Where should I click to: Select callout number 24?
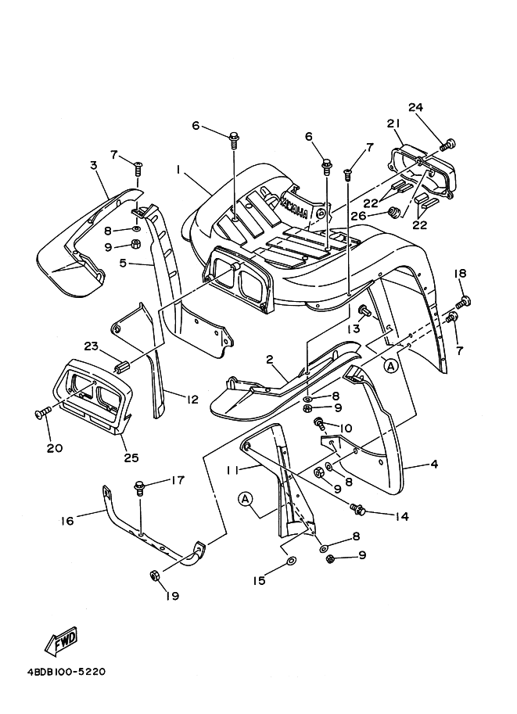pos(415,107)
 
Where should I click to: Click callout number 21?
pos(393,124)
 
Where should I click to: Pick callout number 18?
pos(460,273)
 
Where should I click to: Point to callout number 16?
pos(67,520)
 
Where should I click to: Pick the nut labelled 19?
pos(154,576)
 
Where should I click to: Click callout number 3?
pos(93,165)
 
